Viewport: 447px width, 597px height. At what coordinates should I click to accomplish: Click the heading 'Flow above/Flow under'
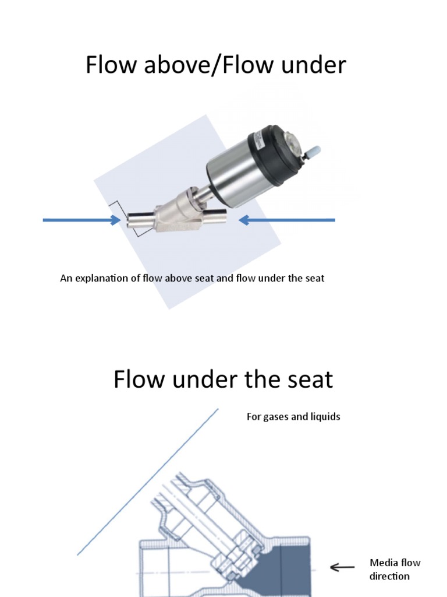click(215, 65)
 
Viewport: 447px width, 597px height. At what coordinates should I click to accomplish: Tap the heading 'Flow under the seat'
click(223, 380)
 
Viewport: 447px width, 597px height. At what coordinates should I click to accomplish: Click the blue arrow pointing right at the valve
click(81, 220)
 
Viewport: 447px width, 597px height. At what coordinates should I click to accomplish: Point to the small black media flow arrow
click(342, 567)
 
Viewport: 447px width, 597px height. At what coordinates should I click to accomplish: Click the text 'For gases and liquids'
click(293, 417)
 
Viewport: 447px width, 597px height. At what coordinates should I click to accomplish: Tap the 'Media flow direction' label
click(395, 569)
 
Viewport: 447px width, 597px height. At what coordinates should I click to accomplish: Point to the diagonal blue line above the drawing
click(148, 481)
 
